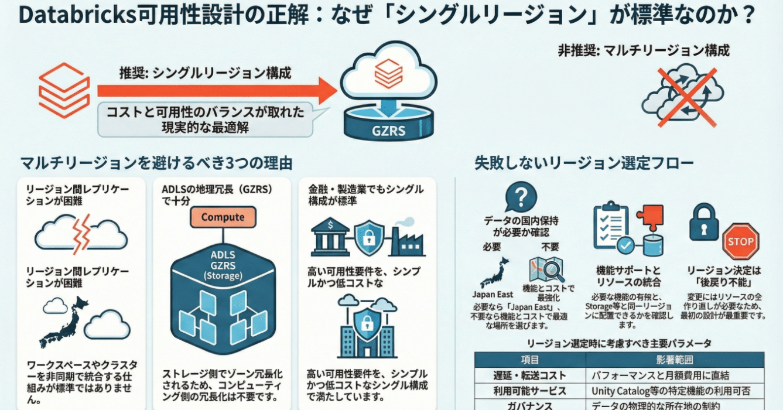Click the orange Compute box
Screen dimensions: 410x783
(x=223, y=217)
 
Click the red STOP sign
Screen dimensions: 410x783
(x=740, y=241)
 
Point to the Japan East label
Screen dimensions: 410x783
(x=492, y=295)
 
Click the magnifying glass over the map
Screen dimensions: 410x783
(x=551, y=270)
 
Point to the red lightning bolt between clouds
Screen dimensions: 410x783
(x=81, y=234)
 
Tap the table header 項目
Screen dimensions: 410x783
(x=529, y=360)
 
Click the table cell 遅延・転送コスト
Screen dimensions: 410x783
(x=529, y=375)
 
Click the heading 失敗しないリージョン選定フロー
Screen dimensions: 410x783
(x=584, y=163)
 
